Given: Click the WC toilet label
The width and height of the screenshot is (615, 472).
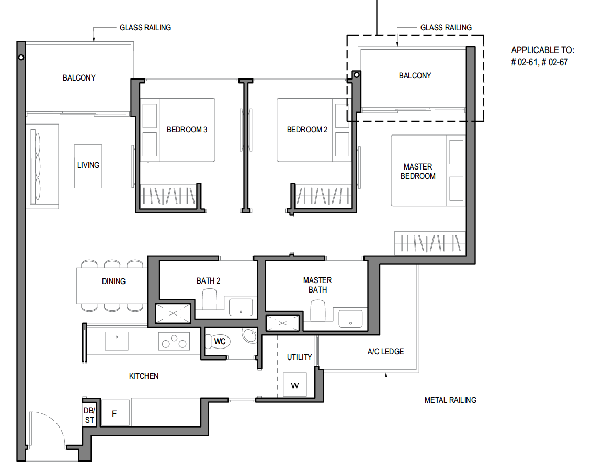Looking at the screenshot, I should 220,342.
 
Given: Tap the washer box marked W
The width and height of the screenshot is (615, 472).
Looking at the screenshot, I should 295,386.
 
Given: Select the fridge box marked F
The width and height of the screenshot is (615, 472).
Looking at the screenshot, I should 115,413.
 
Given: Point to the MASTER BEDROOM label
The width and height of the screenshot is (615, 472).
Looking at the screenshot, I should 418,172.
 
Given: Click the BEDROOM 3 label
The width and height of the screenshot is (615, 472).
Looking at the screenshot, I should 187,130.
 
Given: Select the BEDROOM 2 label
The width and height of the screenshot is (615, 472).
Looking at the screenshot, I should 307,130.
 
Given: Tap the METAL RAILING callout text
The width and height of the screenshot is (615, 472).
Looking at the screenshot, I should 450,400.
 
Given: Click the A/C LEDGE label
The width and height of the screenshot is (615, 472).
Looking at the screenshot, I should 385,352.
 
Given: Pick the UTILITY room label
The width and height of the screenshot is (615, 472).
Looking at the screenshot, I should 300,357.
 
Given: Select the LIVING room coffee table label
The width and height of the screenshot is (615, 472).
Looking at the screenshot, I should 88,165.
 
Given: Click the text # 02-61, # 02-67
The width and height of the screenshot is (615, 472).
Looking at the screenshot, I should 539,62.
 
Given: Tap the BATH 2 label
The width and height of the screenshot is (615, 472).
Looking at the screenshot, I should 209,281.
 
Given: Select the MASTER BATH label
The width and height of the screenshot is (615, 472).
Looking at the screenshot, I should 317,285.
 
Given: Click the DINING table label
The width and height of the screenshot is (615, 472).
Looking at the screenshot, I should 113,282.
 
